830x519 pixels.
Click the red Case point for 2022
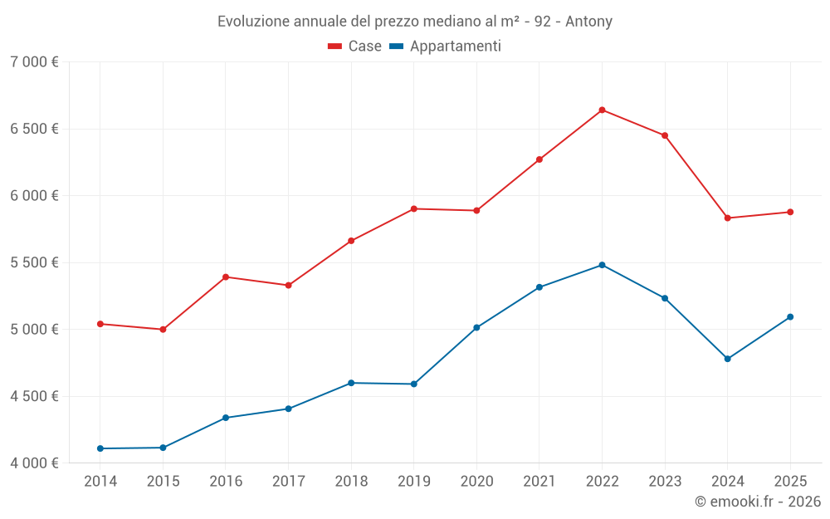click(602, 110)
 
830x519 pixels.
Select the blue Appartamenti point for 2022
click(602, 265)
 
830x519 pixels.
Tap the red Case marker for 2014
click(100, 324)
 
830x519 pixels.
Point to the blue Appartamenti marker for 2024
click(728, 359)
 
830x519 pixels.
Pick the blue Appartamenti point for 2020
click(476, 327)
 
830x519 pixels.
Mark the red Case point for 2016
click(226, 277)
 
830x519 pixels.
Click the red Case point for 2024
click(728, 218)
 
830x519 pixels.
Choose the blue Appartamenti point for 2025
click(790, 316)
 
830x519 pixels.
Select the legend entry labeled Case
click(354, 47)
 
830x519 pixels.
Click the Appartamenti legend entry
click(445, 47)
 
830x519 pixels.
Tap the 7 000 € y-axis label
click(34, 62)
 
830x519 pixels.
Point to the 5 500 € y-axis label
click(34, 262)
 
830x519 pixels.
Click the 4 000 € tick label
click(34, 463)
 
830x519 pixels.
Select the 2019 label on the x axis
click(413, 481)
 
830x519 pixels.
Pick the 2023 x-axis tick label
click(665, 481)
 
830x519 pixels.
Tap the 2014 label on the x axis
click(100, 481)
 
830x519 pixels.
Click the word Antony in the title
click(588, 22)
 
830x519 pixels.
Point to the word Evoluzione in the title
click(253, 22)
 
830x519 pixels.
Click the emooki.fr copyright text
click(757, 502)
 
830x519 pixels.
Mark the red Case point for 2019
click(413, 208)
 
